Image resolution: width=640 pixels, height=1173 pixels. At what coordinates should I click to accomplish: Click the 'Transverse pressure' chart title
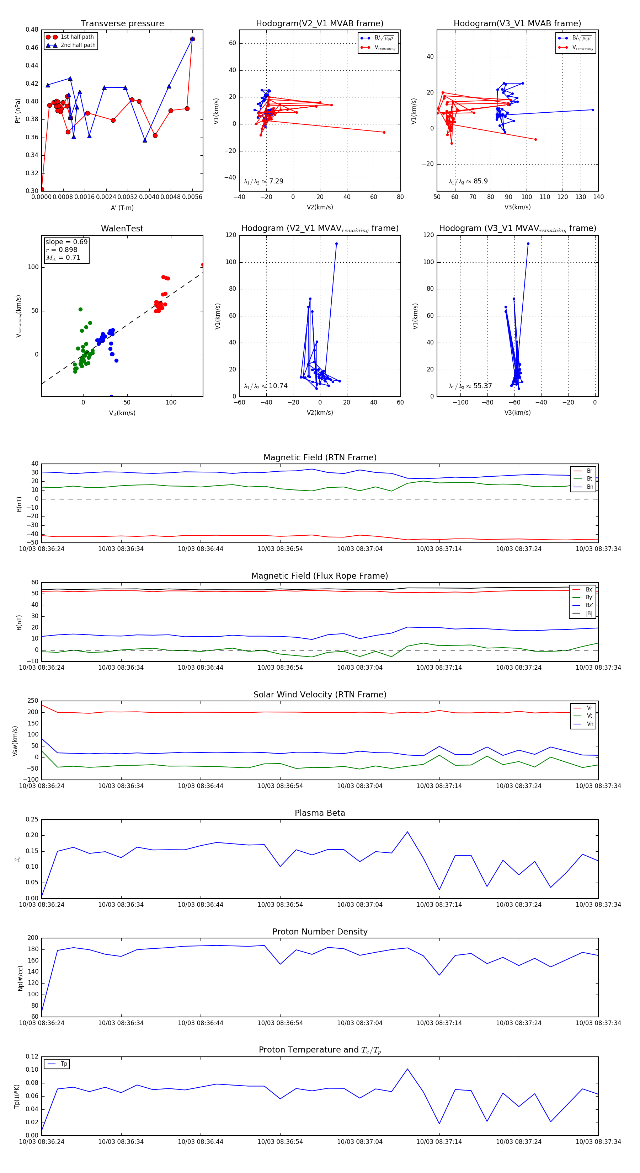[x=122, y=24]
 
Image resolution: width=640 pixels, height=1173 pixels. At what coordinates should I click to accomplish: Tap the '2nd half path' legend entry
[x=78, y=45]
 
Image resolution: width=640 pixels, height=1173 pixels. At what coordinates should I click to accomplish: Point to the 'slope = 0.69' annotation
[x=66, y=242]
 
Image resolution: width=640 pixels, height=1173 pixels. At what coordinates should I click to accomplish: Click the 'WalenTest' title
[x=122, y=229]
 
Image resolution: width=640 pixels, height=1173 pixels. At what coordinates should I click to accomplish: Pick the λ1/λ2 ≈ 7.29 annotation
[x=264, y=181]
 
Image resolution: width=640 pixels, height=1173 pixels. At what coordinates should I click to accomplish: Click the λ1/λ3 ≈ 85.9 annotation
[x=468, y=181]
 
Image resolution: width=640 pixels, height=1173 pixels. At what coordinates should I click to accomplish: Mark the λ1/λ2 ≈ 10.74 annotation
[x=266, y=386]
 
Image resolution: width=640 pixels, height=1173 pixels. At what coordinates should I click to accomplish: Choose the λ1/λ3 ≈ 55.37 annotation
[x=470, y=386]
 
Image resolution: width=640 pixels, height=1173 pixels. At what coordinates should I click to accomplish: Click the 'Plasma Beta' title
[x=320, y=813]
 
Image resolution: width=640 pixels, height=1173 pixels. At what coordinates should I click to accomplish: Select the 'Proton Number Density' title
[x=320, y=931]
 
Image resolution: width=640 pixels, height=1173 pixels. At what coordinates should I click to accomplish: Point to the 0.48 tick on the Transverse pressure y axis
[x=32, y=30]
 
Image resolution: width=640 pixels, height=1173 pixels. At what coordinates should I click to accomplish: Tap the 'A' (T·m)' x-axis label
[x=122, y=208]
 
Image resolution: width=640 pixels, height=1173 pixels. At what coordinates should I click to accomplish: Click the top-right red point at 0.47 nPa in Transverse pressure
[x=192, y=39]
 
